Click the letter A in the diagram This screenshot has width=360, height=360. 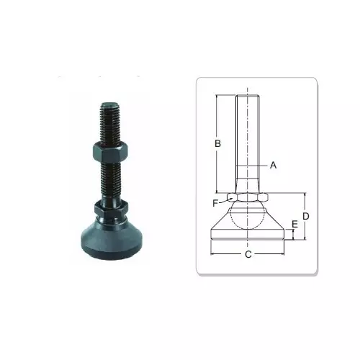[273, 165]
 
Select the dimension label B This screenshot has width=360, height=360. [217, 143]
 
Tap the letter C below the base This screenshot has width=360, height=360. [248, 254]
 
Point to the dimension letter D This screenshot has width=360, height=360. [305, 216]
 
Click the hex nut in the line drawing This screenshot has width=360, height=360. [248, 197]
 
